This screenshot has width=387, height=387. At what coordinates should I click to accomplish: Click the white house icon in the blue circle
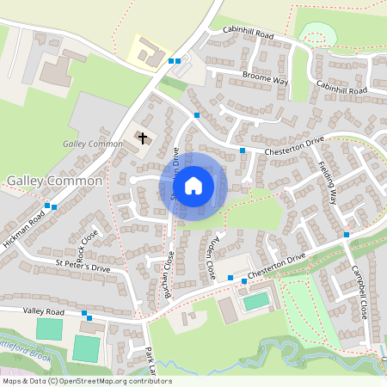[193, 186]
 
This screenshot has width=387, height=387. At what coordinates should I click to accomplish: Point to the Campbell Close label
[360, 292]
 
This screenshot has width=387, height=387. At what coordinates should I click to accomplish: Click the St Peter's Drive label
[83, 267]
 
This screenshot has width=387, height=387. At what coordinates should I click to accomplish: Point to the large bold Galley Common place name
[54, 182]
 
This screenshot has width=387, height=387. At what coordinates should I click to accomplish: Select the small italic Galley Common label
[93, 144]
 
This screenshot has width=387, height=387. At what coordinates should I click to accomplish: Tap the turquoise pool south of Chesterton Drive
[255, 301]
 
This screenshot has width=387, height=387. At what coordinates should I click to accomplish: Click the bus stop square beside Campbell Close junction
[347, 234]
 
